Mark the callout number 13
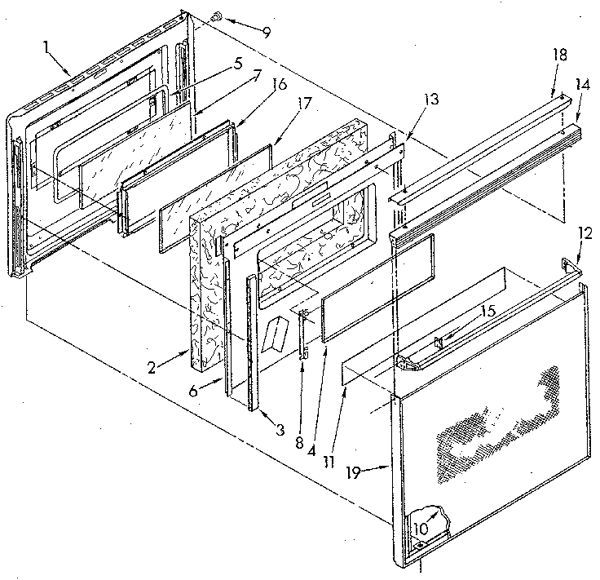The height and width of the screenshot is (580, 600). coord(430,99)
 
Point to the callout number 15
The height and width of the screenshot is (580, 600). coord(487,311)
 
